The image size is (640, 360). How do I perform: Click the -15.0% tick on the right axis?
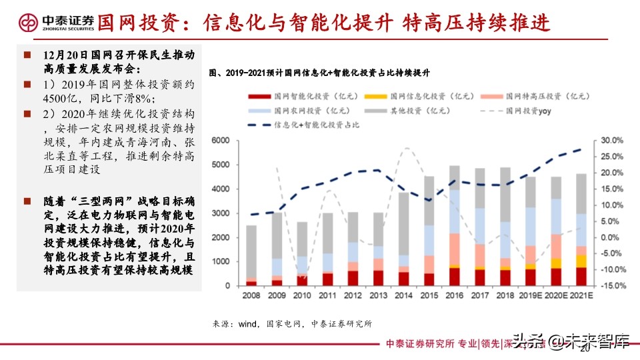pos(611,285)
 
